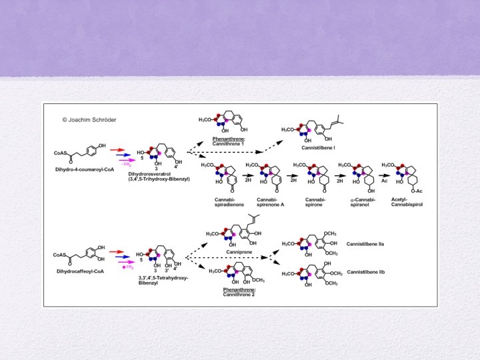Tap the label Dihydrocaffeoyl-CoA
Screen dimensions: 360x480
77,271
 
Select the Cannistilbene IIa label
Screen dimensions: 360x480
369,245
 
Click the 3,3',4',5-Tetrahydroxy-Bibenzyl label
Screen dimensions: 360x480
163,280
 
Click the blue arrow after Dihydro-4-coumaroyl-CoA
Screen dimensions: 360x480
117,156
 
